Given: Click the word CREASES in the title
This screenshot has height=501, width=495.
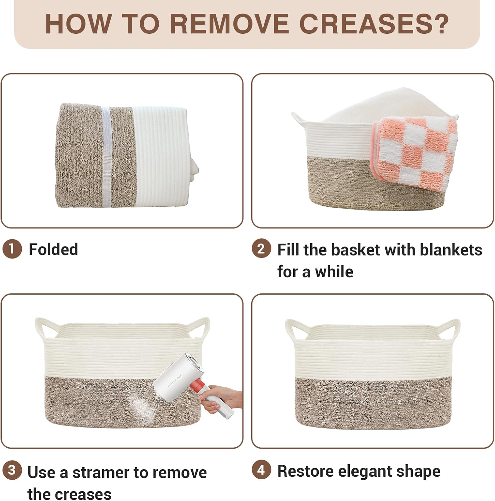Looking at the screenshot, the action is pos(374,24).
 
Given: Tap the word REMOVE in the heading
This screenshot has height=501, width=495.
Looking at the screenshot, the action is pos(229,24).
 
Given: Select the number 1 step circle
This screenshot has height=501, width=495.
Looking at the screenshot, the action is pos(12,249).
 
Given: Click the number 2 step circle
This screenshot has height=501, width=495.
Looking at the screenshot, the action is pos(261,248).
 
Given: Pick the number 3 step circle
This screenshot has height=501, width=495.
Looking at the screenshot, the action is pos(12,470).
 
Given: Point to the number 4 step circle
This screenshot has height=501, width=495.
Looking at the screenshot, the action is pos(261,470).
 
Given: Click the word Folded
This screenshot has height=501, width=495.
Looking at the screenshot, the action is pos(53,249).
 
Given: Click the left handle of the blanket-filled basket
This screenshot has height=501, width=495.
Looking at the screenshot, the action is pos(300,120).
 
